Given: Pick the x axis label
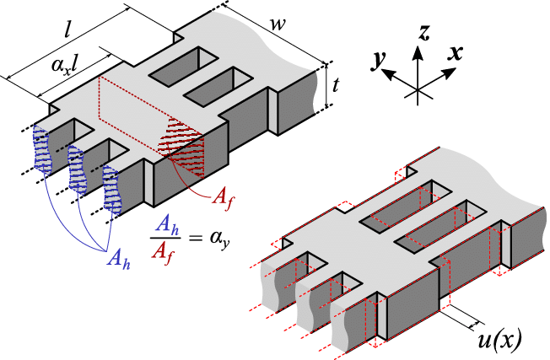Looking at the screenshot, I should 456,52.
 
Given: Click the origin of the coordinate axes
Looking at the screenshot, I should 417,86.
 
